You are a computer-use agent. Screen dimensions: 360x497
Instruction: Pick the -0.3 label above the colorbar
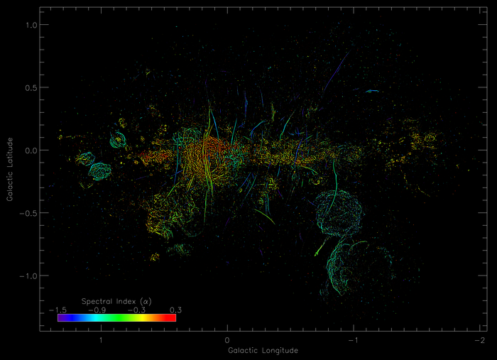point(136,310)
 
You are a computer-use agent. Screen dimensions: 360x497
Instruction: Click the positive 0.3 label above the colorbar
point(175,310)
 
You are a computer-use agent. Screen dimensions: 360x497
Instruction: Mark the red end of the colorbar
point(173,318)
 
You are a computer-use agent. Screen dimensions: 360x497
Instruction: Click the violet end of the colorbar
point(60,318)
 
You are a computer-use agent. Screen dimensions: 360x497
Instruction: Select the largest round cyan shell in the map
point(339,214)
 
